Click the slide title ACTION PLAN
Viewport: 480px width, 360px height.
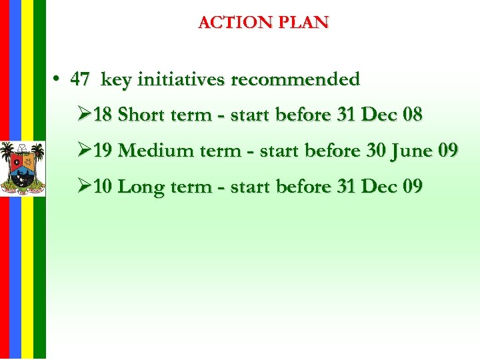click(263, 22)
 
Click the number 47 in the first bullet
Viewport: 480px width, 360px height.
click(80, 80)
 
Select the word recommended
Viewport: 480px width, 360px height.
click(295, 80)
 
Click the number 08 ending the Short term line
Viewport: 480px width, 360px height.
click(413, 115)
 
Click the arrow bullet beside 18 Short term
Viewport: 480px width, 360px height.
click(83, 115)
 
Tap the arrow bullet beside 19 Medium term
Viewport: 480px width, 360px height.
click(83, 151)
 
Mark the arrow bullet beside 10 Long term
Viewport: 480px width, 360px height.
click(83, 186)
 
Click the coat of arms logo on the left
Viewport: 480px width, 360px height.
click(22, 168)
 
